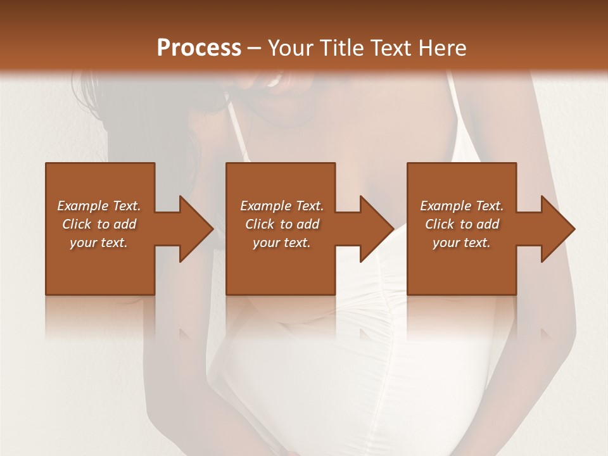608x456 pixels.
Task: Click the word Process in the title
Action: [x=199, y=48]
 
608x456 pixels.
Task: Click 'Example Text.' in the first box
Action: [x=99, y=206]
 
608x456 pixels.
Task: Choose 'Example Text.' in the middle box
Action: [x=282, y=206]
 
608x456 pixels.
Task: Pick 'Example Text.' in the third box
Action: [x=462, y=206]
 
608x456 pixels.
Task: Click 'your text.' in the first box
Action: [x=99, y=243]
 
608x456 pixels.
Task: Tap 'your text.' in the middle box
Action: [x=282, y=243]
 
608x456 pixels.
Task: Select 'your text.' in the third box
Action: [x=462, y=243]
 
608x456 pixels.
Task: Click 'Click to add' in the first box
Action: [x=99, y=224]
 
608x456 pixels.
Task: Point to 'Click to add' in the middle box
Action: [x=282, y=224]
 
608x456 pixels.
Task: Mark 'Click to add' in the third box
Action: [x=462, y=224]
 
